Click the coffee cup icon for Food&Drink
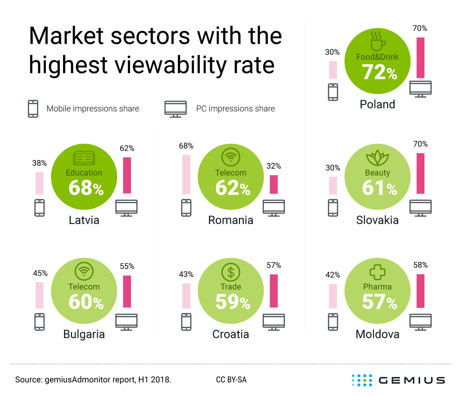pyautogui.click(x=377, y=41)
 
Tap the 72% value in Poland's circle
pyautogui.click(x=379, y=72)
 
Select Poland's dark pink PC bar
pyautogui.click(x=420, y=58)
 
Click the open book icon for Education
pyautogui.click(x=84, y=158)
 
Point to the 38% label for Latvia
pyautogui.click(x=40, y=163)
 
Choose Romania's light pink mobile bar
pyautogui.click(x=186, y=175)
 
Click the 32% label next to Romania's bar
pyautogui.click(x=274, y=166)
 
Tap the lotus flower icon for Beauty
pyautogui.click(x=378, y=158)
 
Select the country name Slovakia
pyautogui.click(x=377, y=220)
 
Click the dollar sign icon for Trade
pyautogui.click(x=231, y=272)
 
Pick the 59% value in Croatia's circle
pyautogui.click(x=233, y=302)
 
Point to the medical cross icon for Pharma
pyautogui.click(x=378, y=272)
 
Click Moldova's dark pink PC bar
pyautogui.click(x=420, y=291)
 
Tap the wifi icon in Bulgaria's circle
pyautogui.click(x=84, y=271)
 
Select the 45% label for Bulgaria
pyautogui.click(x=40, y=273)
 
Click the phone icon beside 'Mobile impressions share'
pyautogui.click(x=33, y=109)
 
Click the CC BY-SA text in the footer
pyautogui.click(x=231, y=380)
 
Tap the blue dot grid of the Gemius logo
pyautogui.click(x=362, y=380)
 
